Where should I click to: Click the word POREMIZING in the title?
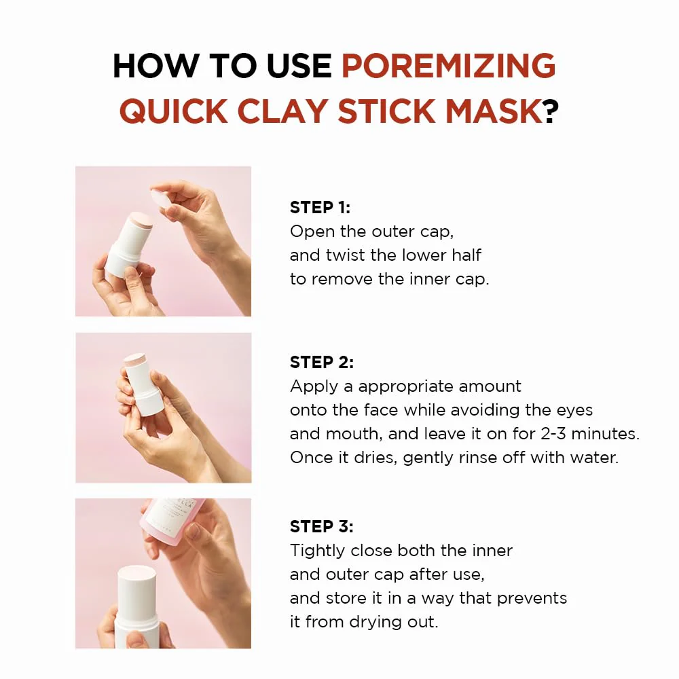[x=448, y=66]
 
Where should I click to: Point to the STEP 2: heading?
[x=322, y=363]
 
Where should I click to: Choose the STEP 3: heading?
[x=322, y=526]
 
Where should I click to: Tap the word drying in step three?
[x=367, y=621]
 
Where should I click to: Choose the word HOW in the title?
[x=147, y=66]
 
